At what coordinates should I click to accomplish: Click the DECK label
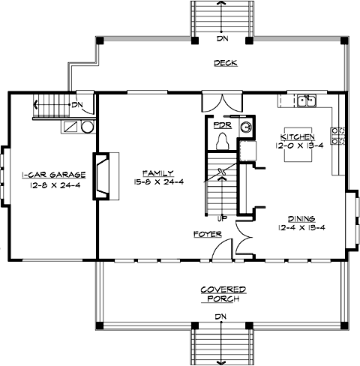[x=224, y=63]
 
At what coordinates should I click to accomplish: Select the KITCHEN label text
[x=298, y=136]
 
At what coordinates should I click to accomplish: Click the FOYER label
[x=205, y=234]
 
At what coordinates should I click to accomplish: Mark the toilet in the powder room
[x=222, y=140]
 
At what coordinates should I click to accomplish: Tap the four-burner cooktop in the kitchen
[x=339, y=135]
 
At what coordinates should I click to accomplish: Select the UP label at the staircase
[x=222, y=219]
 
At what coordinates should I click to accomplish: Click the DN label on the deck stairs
[x=222, y=38]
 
